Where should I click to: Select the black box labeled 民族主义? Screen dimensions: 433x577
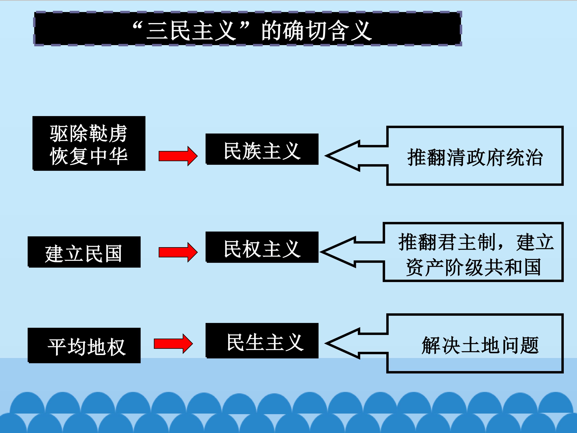click(262, 149)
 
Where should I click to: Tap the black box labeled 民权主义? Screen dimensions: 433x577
click(262, 247)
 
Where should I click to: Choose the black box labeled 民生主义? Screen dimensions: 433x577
click(262, 341)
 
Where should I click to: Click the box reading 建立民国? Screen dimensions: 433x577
click(84, 252)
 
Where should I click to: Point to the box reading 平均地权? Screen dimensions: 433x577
click(84, 345)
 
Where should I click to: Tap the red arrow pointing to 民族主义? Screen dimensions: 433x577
click(178, 156)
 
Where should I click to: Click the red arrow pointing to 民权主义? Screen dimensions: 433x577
click(178, 252)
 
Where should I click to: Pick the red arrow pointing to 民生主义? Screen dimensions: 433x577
click(173, 344)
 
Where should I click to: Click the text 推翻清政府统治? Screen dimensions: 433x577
click(475, 157)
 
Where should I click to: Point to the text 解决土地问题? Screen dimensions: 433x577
click(480, 345)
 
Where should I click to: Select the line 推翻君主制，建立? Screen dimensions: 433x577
click(476, 242)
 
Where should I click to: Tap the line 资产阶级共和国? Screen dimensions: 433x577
click(473, 267)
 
